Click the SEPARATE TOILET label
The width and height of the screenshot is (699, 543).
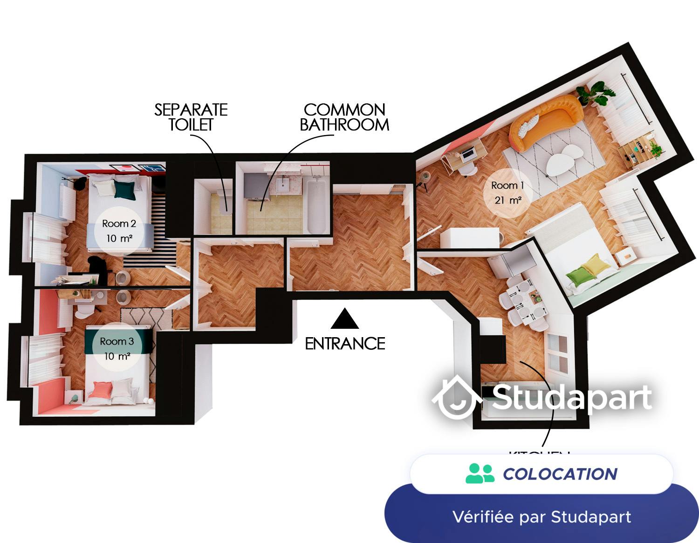coord(191,117)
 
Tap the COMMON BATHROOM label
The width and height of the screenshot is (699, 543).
coord(344,117)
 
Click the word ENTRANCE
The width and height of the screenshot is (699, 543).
coord(345,344)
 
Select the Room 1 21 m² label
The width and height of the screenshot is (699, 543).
coord(507,192)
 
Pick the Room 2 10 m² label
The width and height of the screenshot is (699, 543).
coord(118,231)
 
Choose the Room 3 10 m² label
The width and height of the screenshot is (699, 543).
coord(117,348)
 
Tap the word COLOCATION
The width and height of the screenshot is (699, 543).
coord(560,474)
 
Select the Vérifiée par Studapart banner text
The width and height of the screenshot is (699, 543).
coord(541,516)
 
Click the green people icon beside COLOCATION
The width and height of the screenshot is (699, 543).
coord(480,474)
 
